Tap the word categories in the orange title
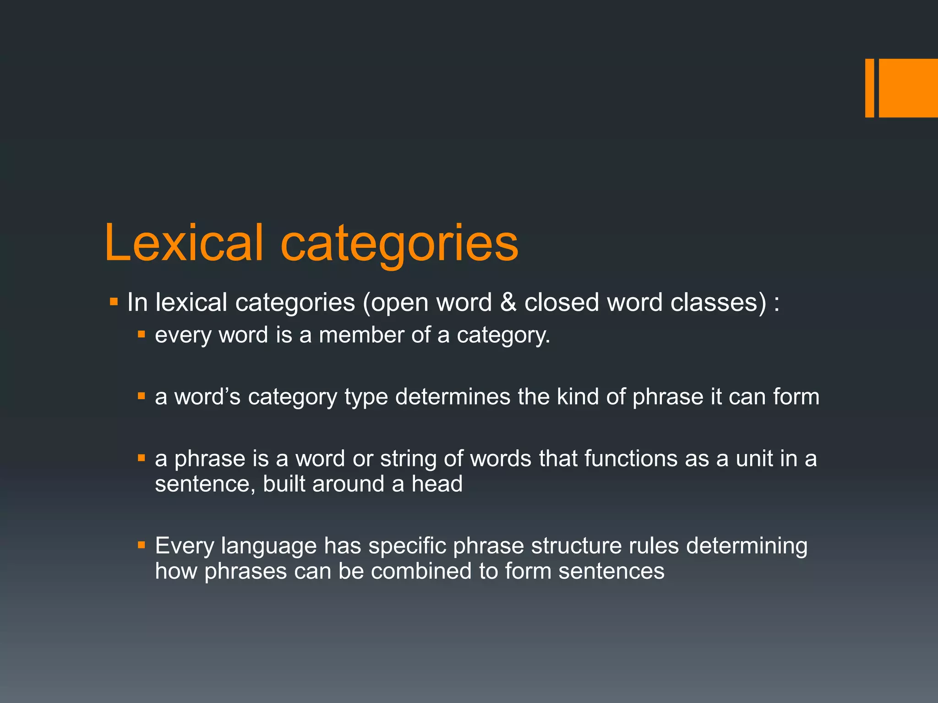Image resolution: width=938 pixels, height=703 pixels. pyautogui.click(x=399, y=244)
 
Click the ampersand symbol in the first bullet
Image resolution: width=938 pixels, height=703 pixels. pyautogui.click(x=508, y=303)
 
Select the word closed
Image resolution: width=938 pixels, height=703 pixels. pyautogui.click(x=562, y=303)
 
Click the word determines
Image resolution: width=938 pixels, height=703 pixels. pyautogui.click(x=453, y=396)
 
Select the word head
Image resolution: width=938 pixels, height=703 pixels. pyautogui.click(x=437, y=484)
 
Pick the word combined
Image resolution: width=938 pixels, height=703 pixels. pyautogui.click(x=421, y=571)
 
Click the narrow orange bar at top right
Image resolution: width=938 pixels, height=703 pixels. pyautogui.click(x=869, y=88)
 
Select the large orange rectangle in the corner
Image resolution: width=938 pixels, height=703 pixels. pyautogui.click(x=908, y=88)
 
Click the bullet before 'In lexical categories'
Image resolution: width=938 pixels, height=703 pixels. pyautogui.click(x=114, y=302)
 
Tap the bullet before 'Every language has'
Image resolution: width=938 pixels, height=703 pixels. pyautogui.click(x=142, y=545)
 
